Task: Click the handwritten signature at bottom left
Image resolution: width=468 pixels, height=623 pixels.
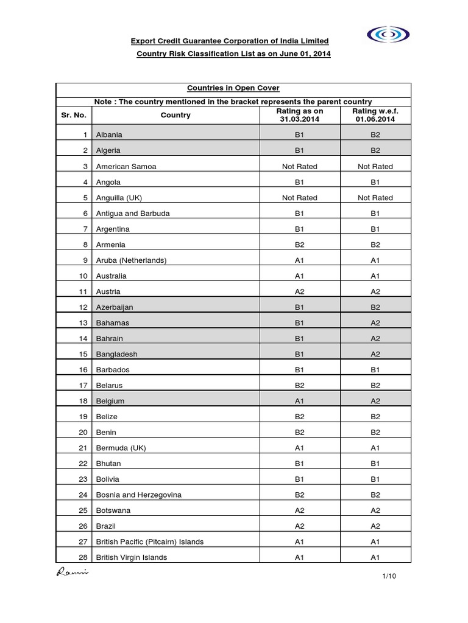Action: point(73,572)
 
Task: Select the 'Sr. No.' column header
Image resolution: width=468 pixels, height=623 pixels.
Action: point(74,115)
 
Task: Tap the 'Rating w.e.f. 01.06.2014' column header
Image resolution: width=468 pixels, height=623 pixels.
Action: point(375,115)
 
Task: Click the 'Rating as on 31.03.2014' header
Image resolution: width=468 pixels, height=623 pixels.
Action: point(300,115)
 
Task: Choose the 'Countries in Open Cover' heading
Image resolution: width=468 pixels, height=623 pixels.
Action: point(234,88)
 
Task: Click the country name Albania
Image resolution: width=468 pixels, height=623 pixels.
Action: point(108,134)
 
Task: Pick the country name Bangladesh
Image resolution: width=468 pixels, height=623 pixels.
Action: point(116,354)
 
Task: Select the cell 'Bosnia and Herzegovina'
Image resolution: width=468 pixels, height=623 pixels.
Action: point(138,495)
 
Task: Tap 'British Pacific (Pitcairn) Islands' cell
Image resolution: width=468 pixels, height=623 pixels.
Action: point(150,541)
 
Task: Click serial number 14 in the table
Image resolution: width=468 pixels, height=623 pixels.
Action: point(84,338)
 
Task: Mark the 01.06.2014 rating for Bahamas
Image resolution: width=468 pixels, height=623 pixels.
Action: point(375,322)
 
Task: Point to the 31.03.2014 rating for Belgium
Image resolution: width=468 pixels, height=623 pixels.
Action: point(300,401)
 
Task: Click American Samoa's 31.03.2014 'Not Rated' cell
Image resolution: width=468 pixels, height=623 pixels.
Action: point(300,166)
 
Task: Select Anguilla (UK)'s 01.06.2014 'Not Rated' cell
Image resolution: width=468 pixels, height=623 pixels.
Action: point(375,198)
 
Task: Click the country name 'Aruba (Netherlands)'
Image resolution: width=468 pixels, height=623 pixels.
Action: point(131,260)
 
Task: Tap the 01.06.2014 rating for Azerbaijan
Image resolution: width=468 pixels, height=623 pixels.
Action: point(375,307)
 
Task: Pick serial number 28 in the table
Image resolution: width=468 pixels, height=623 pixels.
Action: point(84,557)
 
